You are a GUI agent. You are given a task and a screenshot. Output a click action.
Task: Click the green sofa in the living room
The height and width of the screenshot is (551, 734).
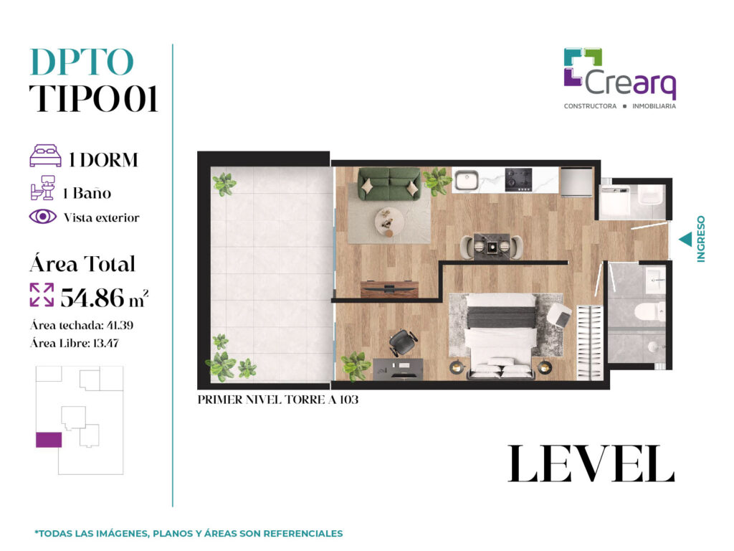tap(389, 184)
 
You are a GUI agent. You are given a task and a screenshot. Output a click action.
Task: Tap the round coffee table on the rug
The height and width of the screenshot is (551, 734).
tap(389, 222)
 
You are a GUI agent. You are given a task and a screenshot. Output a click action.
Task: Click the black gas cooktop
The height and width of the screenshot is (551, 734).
tap(519, 180)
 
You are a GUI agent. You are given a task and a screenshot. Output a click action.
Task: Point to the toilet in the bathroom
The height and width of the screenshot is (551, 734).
tap(649, 311)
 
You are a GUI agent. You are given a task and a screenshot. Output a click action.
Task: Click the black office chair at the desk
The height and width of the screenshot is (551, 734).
tap(403, 342)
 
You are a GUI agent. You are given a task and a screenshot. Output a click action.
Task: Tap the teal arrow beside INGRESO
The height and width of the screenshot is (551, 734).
tap(685, 240)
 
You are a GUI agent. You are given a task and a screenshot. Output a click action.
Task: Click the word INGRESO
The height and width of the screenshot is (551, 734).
tap(701, 238)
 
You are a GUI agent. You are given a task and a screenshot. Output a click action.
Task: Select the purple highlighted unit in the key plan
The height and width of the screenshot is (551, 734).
tap(49, 440)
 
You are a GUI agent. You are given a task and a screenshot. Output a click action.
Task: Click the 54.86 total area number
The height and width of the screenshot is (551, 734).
tap(92, 298)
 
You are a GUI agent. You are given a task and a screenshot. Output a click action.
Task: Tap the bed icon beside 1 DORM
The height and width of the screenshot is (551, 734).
tap(45, 156)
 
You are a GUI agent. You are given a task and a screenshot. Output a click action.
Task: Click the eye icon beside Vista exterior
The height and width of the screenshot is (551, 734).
tap(42, 217)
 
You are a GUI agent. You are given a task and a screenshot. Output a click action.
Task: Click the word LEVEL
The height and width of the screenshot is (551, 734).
tap(591, 463)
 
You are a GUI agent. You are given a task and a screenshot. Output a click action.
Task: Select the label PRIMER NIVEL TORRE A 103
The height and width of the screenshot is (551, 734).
tap(278, 400)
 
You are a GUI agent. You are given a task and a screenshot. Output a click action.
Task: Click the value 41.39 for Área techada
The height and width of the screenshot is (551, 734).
tap(120, 325)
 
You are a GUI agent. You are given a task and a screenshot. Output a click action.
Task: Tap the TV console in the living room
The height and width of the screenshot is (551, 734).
tap(389, 288)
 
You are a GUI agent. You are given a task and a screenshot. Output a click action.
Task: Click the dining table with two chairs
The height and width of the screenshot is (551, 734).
tap(492, 246)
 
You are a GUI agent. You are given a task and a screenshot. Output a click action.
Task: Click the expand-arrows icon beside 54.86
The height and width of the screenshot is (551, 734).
tap(42, 295)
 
